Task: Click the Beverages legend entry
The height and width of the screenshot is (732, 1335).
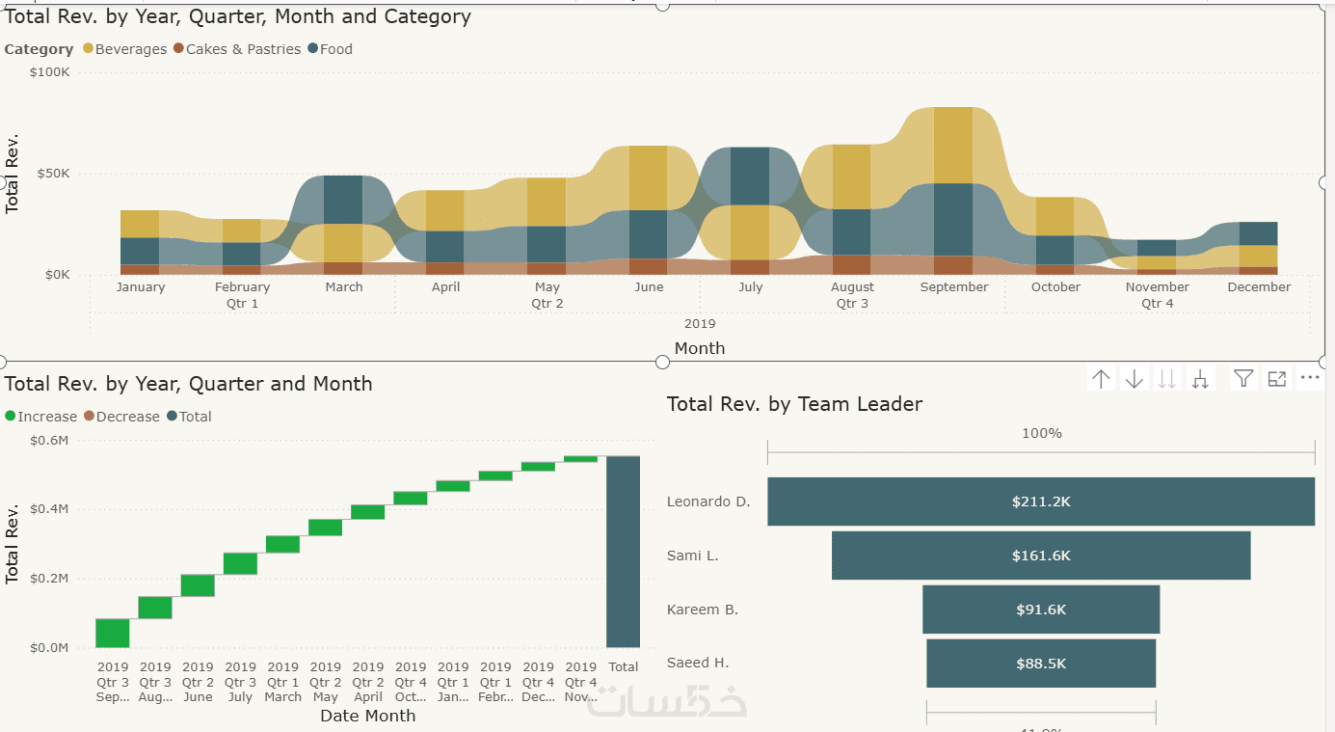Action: tap(130, 49)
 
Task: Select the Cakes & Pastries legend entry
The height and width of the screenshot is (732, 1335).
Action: tap(243, 49)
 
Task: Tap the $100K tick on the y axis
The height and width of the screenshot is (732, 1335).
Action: tap(49, 72)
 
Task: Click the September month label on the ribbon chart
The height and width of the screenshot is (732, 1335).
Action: tap(953, 287)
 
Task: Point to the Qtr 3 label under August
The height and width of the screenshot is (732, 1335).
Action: tap(852, 304)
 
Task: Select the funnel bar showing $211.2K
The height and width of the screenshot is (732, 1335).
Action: tap(1041, 502)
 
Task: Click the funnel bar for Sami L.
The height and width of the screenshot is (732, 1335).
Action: tap(1041, 556)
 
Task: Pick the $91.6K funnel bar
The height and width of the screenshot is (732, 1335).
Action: tap(1041, 610)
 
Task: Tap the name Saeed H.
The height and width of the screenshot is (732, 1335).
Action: tap(698, 664)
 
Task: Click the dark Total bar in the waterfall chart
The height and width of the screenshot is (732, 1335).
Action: tap(623, 552)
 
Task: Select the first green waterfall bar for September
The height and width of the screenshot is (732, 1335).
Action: tap(113, 633)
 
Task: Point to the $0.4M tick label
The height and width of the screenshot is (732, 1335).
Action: tap(50, 509)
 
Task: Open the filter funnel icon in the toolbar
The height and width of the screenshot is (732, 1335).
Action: tap(1243, 379)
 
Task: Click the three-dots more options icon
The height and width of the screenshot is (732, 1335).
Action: tap(1309, 378)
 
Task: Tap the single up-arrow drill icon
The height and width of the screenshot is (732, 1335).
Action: tap(1101, 379)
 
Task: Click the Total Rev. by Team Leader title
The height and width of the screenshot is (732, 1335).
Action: tap(794, 405)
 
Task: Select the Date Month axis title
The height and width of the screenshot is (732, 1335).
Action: tap(367, 716)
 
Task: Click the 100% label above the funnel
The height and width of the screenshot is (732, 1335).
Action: tap(1041, 434)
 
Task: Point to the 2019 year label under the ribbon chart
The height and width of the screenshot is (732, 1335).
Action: tap(699, 324)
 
